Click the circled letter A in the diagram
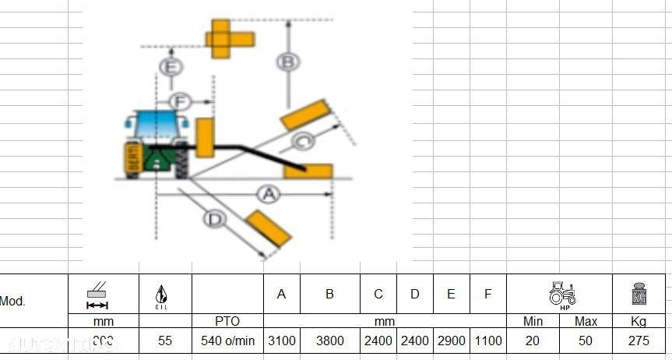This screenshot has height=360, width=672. click(269, 195)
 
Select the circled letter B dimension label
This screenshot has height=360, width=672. click(289, 61)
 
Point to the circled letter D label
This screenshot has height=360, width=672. click(215, 220)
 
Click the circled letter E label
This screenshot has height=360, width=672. click(171, 67)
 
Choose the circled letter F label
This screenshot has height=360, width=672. click(180, 101)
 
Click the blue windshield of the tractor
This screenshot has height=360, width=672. click(156, 123)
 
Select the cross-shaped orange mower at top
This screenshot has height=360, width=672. click(229, 37)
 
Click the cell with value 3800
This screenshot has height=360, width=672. click(329, 341)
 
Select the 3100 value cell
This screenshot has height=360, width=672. click(282, 341)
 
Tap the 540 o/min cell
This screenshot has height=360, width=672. click(227, 341)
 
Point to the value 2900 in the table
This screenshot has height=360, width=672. click(451, 341)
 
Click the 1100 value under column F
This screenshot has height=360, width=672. click(487, 341)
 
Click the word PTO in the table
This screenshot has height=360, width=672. click(227, 321)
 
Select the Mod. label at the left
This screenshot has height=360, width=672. click(12, 301)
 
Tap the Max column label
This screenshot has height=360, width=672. click(586, 321)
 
